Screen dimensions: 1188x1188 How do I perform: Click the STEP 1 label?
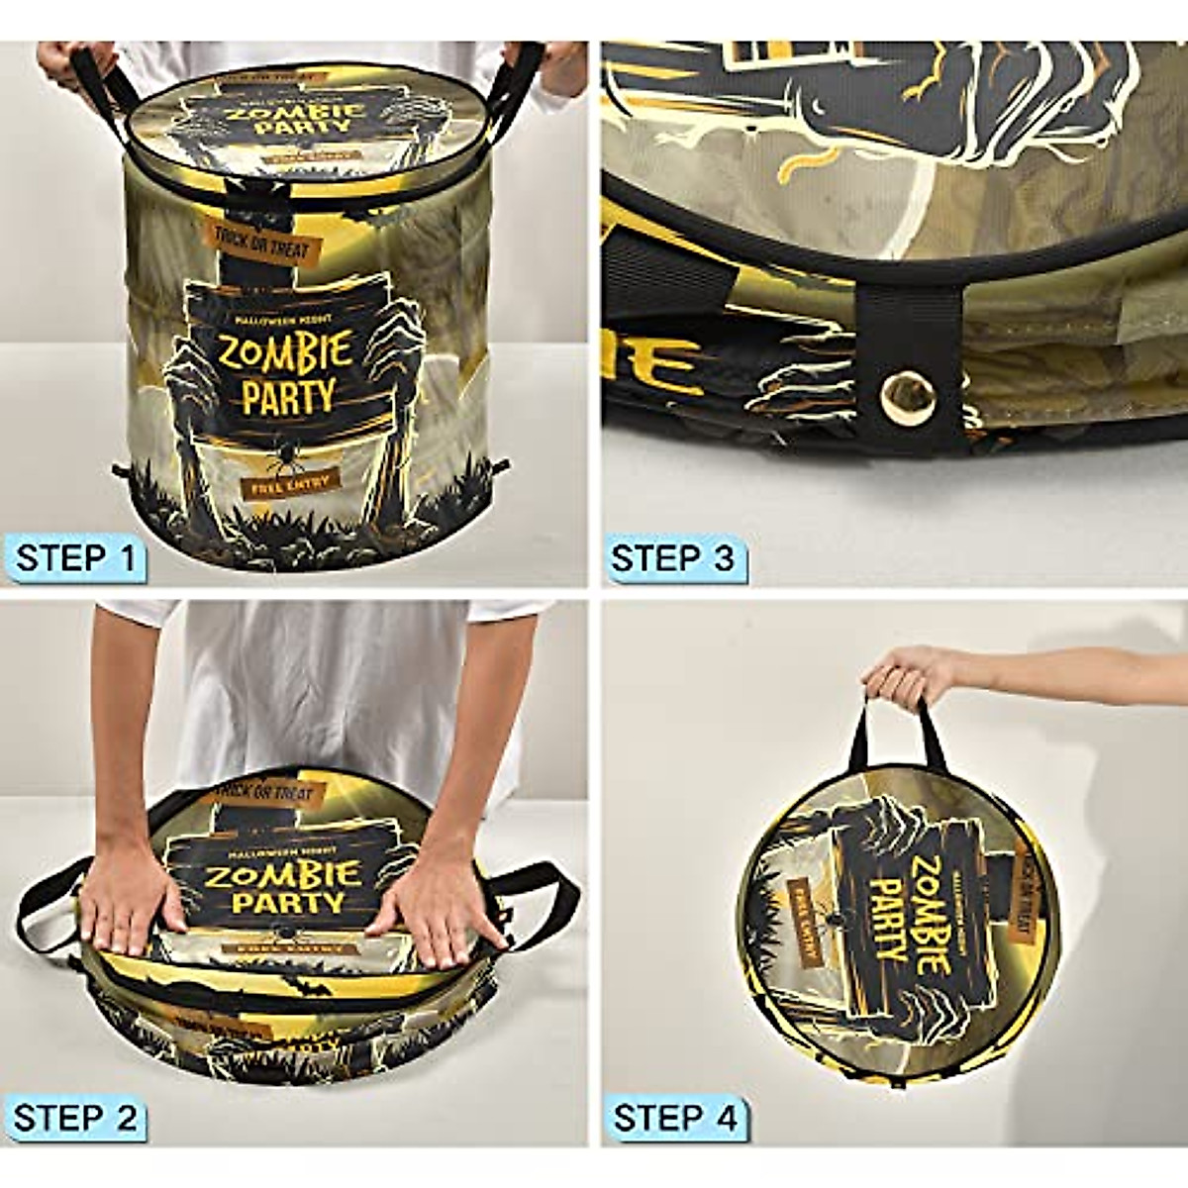coord(75,558)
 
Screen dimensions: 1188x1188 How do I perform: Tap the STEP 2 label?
coord(75,1119)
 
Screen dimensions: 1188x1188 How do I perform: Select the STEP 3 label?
coord(673,558)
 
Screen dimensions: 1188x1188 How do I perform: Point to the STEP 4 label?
coord(673,1119)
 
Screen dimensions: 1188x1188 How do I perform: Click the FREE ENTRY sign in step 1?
coord(290,482)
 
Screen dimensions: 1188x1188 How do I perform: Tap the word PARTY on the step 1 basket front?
coord(288,396)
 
